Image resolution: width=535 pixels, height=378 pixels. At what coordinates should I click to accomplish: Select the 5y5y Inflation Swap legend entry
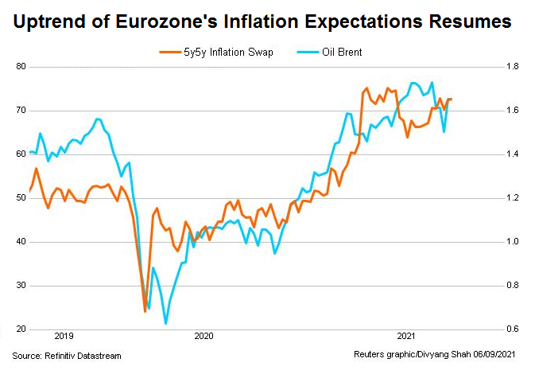point(214,53)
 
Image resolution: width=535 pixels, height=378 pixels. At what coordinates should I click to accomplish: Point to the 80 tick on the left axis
point(21,66)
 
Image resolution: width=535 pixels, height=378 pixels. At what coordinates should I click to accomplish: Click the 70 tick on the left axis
point(21,110)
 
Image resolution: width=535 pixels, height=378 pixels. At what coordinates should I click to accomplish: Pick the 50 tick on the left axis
point(21,197)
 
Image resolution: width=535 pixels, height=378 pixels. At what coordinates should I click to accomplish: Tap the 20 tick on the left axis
point(21,329)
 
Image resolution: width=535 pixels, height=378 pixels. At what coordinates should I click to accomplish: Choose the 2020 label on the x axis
point(204,337)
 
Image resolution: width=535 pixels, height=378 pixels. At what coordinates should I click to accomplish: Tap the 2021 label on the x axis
point(406,337)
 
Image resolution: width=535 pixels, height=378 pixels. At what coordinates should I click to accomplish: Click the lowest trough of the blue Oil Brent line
point(165,323)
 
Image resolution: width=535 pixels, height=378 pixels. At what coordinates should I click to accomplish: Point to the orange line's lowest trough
point(145,311)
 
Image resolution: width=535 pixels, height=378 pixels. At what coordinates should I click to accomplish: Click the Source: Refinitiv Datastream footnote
point(67,355)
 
